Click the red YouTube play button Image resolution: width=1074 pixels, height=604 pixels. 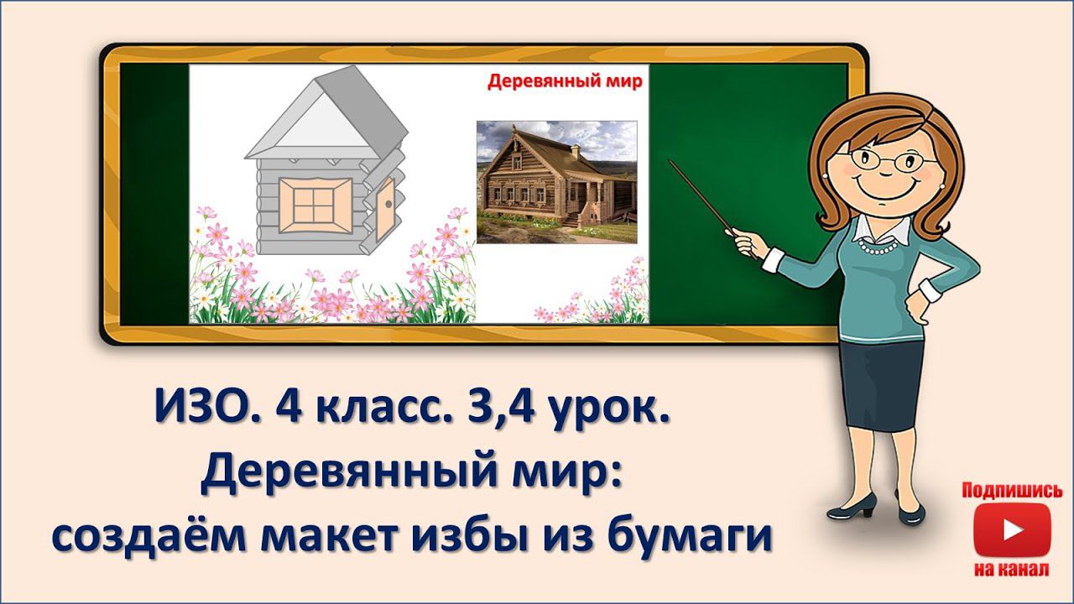click(x=1012, y=530)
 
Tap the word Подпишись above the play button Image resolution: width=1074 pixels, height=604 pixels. click(x=1012, y=491)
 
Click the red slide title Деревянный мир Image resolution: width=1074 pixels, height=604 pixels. click(x=565, y=81)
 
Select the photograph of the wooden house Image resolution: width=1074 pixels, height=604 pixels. click(x=556, y=182)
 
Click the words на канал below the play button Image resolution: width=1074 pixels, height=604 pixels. click(x=1012, y=570)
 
